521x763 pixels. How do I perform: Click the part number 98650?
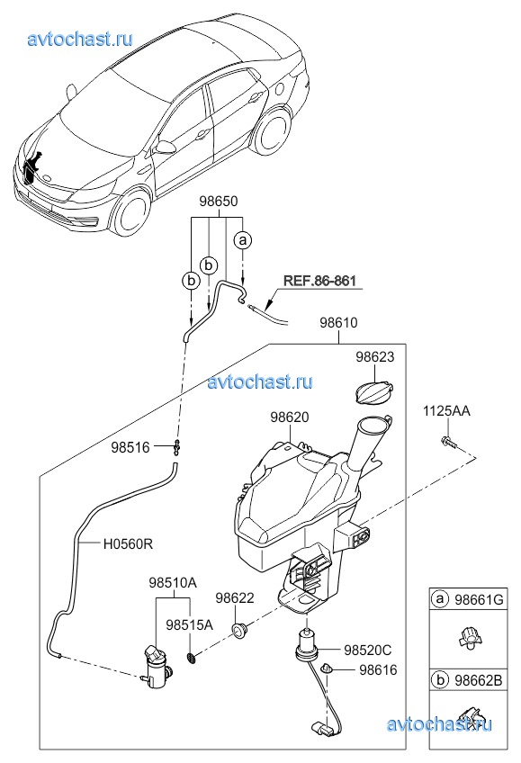[x=219, y=202]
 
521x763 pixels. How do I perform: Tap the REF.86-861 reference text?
[x=319, y=281]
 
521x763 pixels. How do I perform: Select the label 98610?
[x=338, y=323]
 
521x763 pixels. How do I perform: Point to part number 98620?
[x=290, y=417]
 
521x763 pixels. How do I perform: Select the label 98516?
[x=130, y=447]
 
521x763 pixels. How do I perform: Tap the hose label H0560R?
[x=128, y=543]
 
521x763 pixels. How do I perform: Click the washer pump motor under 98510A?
[x=156, y=667]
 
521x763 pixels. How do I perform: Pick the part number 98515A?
[x=190, y=624]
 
